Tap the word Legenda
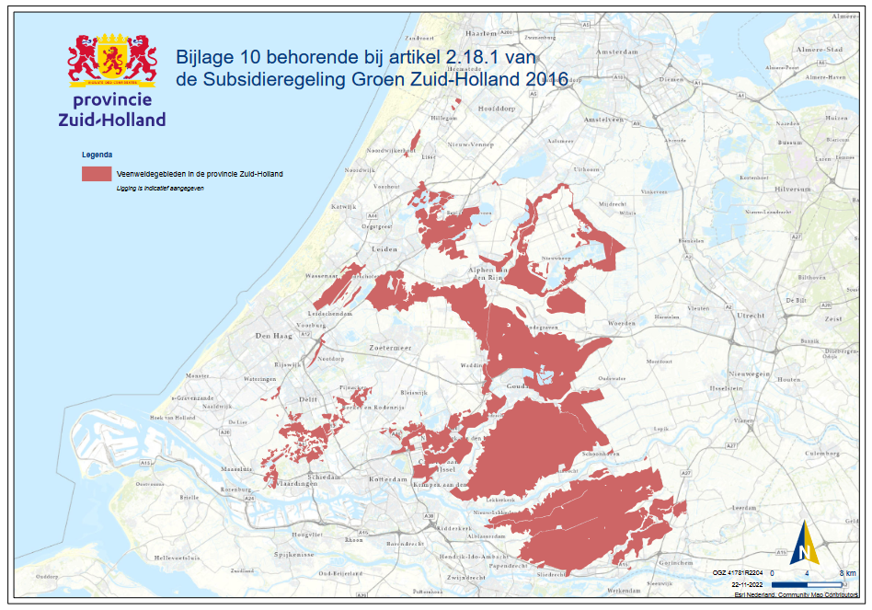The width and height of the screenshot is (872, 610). point(97,155)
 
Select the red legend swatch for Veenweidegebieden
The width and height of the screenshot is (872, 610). point(97,173)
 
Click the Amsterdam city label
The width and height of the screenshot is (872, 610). point(615,53)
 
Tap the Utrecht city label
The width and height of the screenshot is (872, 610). point(751,316)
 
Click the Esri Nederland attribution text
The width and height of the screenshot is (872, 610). point(798,594)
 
